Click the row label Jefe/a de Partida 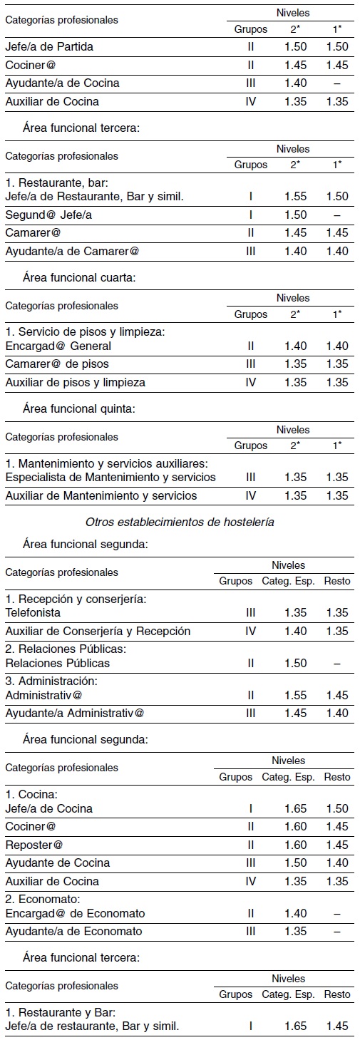pyautogui.click(x=49, y=47)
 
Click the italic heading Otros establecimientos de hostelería pyautogui.click(x=180, y=522)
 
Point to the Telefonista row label pyautogui.click(x=33, y=612)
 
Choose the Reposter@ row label pyautogui.click(x=34, y=845)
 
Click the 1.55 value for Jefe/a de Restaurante pyautogui.click(x=295, y=197)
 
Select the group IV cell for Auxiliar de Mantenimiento pyautogui.click(x=250, y=495)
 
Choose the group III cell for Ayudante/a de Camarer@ pyautogui.click(x=250, y=251)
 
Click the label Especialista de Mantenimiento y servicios pyautogui.click(x=110, y=477)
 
